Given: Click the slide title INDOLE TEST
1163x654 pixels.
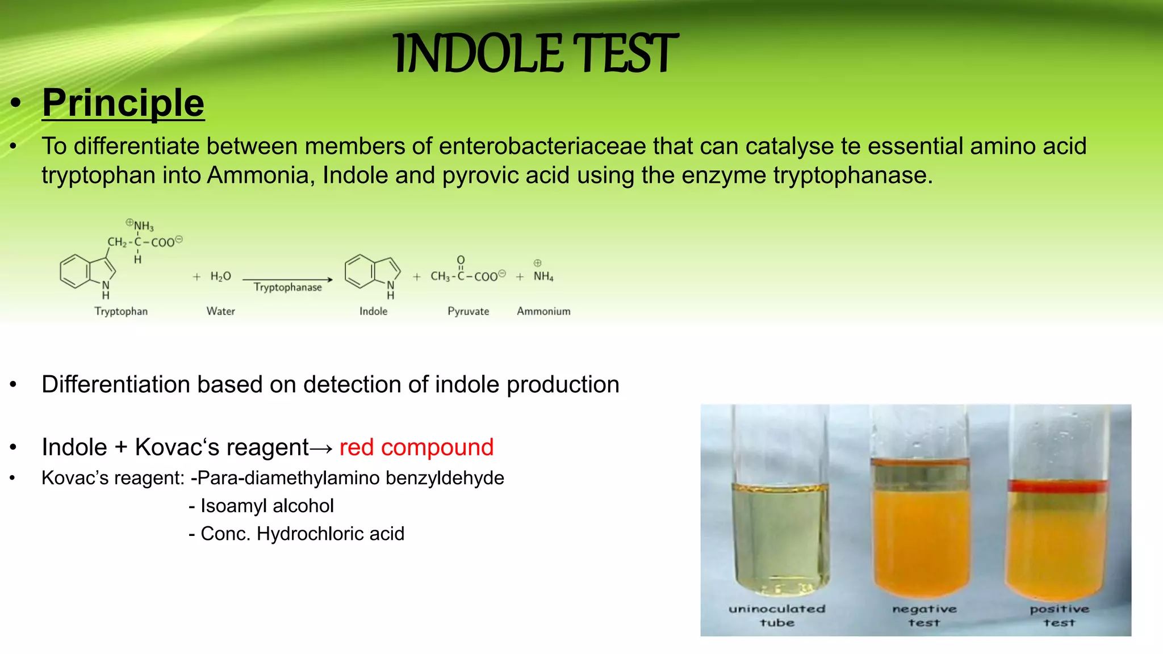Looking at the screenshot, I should pos(535,54).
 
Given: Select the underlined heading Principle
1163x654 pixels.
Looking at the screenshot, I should pos(123,103).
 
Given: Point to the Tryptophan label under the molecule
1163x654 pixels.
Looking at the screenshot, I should pos(121,311).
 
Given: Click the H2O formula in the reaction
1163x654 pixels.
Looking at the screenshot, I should pos(220,276).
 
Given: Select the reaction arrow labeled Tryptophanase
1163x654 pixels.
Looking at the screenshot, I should pos(287,279).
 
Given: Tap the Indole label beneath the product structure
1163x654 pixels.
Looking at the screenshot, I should pos(373,311).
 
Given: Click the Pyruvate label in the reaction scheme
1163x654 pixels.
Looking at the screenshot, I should pos(468,311).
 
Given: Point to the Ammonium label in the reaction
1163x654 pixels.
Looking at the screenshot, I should pos(543,311).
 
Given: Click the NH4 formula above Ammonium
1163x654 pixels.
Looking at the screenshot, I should pos(543,276).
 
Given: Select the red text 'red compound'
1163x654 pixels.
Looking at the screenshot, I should pos(416,447).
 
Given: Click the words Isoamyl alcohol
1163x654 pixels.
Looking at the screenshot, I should pos(267,506).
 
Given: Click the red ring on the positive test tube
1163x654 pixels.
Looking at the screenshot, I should pos(1057,486).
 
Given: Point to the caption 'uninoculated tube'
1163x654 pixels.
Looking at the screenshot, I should pos(777,615).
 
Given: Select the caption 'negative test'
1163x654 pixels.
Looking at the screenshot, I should pos(924,615).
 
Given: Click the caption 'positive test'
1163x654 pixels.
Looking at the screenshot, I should pos(1059,615).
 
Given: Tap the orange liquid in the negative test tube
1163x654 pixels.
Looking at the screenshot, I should pos(921,539).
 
